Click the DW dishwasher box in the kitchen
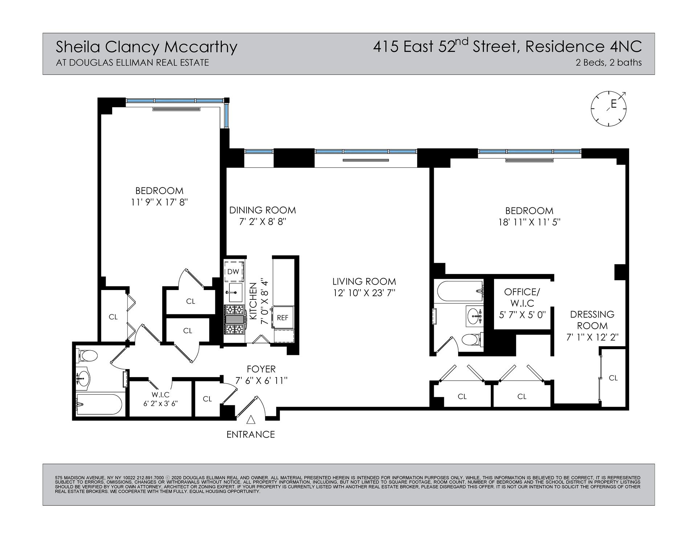pos(233,271)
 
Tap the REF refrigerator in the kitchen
pos(282,318)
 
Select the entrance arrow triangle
pos(250,419)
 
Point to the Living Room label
pos(364,281)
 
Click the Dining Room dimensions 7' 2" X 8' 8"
pos(263,222)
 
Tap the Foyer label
pos(261,369)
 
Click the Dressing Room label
pos(592,320)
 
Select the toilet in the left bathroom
pos(87,356)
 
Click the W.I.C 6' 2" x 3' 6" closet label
pos(160,399)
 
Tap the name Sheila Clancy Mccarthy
pos(146,47)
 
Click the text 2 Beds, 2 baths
pos(608,63)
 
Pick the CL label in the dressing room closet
pos(613,378)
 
